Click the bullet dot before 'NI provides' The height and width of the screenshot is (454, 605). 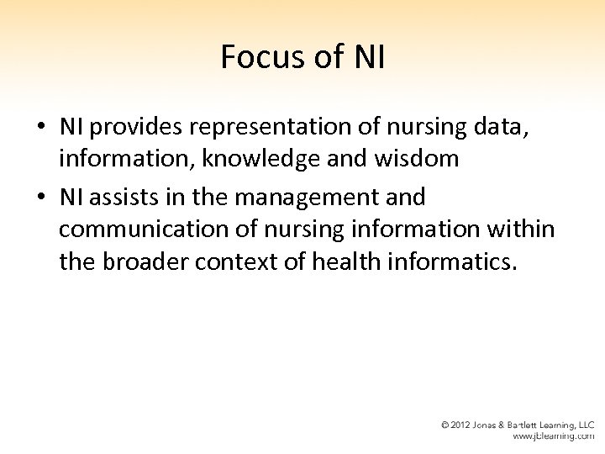[x=40, y=127]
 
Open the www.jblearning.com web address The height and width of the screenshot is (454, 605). [x=553, y=437]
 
